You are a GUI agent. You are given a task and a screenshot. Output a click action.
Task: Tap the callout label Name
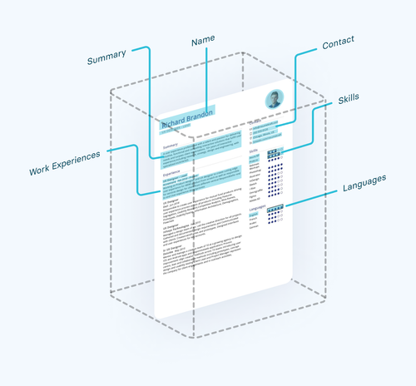click(x=203, y=41)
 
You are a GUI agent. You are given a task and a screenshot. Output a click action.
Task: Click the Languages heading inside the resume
click(x=256, y=208)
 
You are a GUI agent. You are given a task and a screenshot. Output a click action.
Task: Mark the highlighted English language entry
click(x=255, y=214)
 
